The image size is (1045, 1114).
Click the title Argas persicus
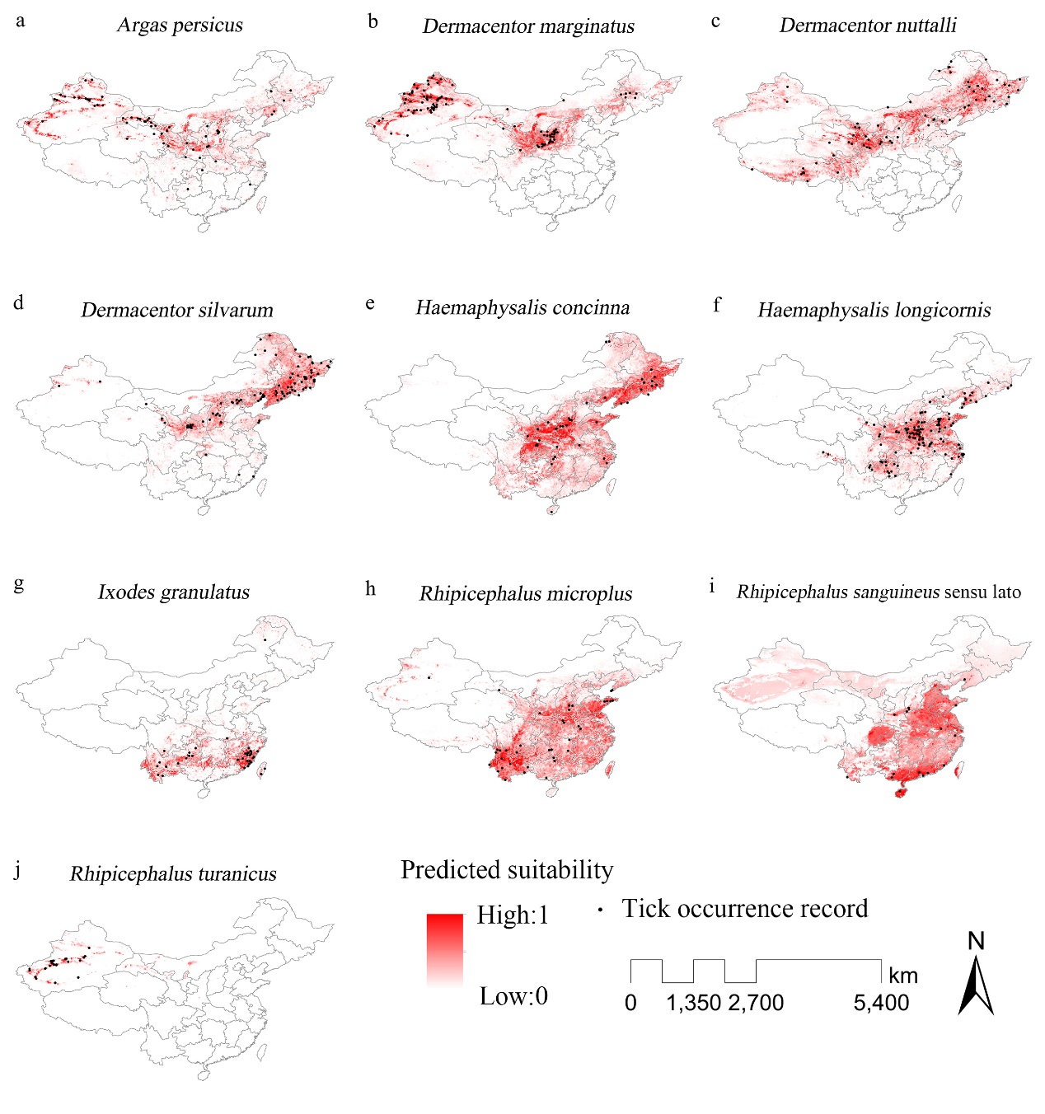pos(180,25)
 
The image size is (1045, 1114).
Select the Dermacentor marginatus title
pos(528,26)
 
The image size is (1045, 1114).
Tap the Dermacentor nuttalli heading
pos(868,26)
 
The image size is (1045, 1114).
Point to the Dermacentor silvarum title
pos(176,311)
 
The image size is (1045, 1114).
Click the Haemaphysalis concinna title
pos(522,308)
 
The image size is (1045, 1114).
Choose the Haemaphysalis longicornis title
pos(874,311)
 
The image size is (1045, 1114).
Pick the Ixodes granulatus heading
pos(173,592)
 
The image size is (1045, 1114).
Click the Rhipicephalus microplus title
pos(526,594)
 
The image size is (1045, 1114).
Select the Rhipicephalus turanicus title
pos(173,874)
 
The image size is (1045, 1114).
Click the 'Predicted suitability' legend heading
pos(507,871)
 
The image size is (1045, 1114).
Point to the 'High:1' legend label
pos(513,915)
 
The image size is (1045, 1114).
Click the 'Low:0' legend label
pos(513,996)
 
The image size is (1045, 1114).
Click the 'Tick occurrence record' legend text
pos(744,909)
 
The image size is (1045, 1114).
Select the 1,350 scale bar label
pos(693,1003)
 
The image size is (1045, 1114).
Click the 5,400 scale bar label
pos(881,1003)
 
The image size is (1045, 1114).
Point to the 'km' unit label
pos(903,976)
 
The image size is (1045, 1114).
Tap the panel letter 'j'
pos(18,870)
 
